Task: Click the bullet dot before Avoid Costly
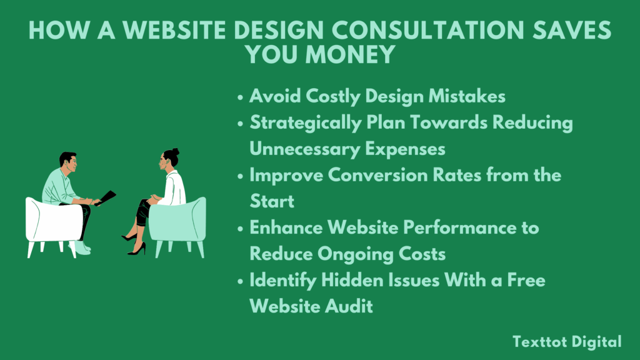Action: coord(241,97)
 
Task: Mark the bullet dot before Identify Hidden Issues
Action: coord(241,281)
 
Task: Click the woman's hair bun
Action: coord(176,152)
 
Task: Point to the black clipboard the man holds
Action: coord(106,197)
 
